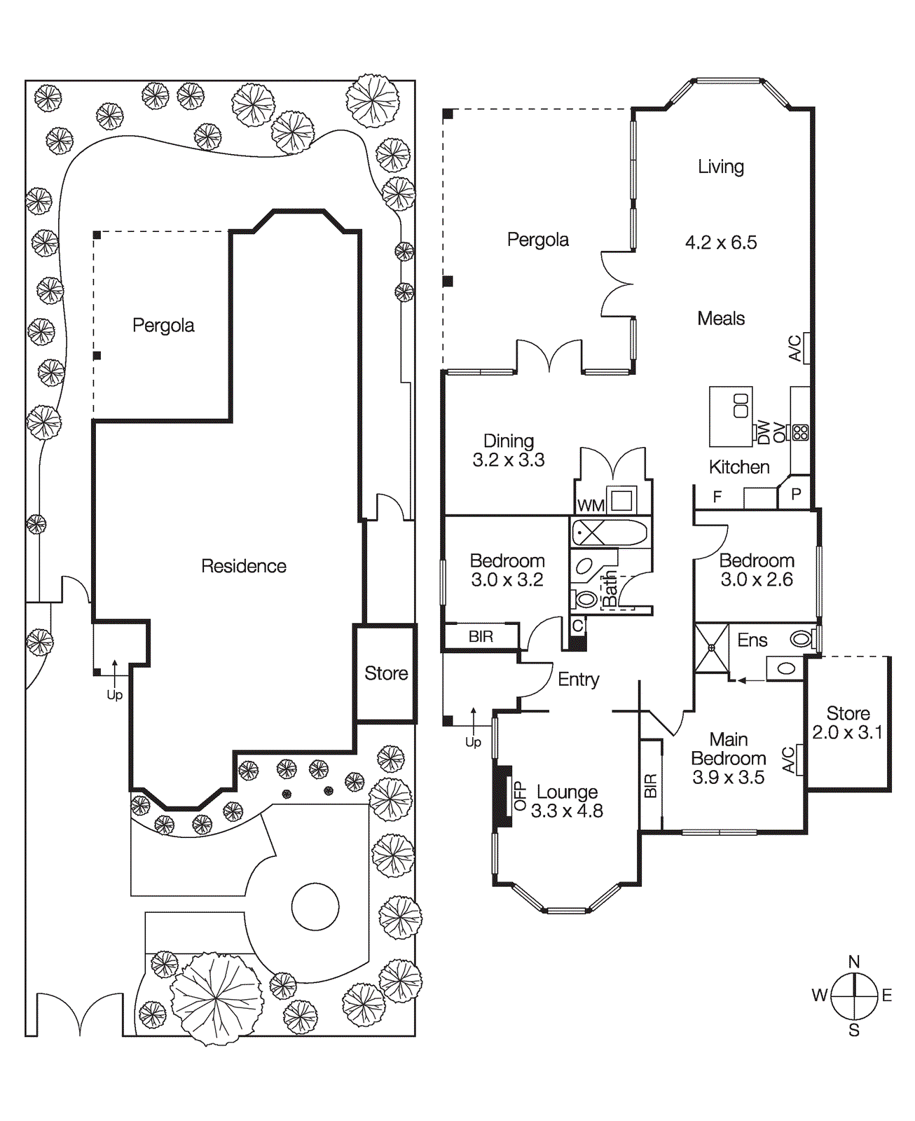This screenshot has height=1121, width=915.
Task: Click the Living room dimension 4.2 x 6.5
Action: click(x=721, y=242)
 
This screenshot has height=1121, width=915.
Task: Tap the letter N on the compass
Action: click(x=853, y=961)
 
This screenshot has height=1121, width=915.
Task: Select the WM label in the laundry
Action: click(x=591, y=505)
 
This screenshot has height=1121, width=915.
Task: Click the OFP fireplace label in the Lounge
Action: click(x=520, y=796)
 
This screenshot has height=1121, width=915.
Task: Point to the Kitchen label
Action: click(x=739, y=467)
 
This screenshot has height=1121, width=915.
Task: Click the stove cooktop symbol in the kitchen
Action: click(x=800, y=432)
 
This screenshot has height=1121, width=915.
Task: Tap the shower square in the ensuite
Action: click(x=712, y=648)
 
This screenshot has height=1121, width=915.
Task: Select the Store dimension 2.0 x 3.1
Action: click(x=848, y=732)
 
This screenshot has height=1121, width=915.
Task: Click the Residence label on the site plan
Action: click(x=243, y=566)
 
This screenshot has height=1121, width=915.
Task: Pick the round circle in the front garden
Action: click(x=315, y=907)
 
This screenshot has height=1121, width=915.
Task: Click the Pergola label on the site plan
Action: click(x=163, y=325)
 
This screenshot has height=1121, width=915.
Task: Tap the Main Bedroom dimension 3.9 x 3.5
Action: click(x=728, y=777)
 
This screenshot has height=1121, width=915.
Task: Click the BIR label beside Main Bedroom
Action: click(x=651, y=785)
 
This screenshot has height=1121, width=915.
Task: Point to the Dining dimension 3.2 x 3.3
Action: click(x=508, y=460)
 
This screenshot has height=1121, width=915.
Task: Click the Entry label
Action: click(x=578, y=679)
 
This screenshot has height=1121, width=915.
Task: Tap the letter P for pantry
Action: click(x=796, y=494)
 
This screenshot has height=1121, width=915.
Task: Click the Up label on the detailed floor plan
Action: click(x=473, y=742)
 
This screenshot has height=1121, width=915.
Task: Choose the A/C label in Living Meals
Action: click(x=795, y=348)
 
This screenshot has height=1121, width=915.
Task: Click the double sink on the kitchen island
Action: click(x=741, y=406)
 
